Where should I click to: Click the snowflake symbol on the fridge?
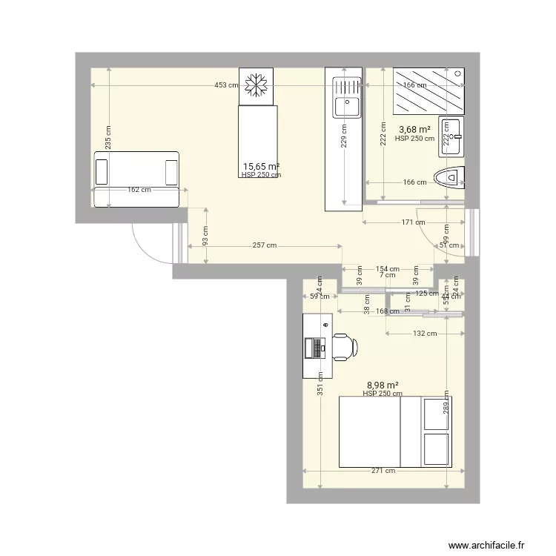click(256, 85)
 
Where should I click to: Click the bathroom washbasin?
click(451, 137)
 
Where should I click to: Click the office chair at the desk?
click(344, 346)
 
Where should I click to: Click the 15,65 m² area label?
click(261, 167)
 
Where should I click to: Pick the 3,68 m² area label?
click(415, 130)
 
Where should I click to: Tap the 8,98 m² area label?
click(383, 385)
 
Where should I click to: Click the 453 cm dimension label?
click(226, 85)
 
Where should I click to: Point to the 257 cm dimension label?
click(265, 245)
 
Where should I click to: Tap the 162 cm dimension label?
click(139, 190)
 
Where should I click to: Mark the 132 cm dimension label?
click(425, 334)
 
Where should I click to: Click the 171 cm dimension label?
click(412, 222)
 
